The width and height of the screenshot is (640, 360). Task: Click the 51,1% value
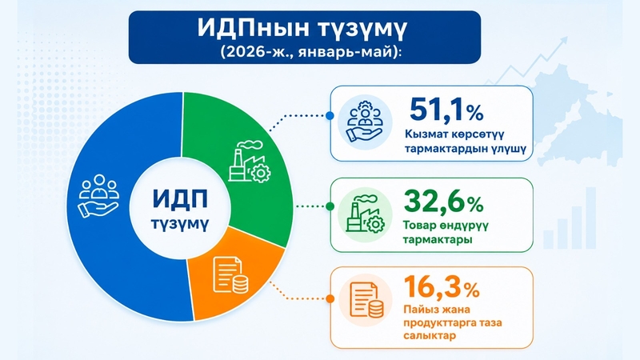click(x=446, y=110)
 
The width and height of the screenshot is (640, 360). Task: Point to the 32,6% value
click(x=443, y=202)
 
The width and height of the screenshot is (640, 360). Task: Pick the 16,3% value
click(x=442, y=287)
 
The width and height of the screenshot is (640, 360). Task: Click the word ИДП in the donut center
click(x=180, y=198)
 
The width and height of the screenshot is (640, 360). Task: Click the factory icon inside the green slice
click(x=250, y=162)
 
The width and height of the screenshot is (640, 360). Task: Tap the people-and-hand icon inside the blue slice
click(x=98, y=196)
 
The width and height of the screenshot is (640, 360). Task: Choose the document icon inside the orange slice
click(x=230, y=274)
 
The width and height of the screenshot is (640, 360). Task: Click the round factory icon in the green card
click(x=366, y=214)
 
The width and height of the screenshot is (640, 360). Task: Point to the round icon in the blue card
click(x=366, y=122)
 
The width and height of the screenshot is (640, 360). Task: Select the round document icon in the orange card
click(x=366, y=300)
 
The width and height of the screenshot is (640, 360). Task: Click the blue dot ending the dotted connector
click(x=330, y=116)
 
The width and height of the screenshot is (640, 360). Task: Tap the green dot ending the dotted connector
click(x=330, y=206)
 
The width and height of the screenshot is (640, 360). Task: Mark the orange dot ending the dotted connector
click(x=330, y=299)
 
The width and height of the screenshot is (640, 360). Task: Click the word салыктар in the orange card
click(x=429, y=336)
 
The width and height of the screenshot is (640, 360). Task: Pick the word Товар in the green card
click(x=419, y=225)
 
